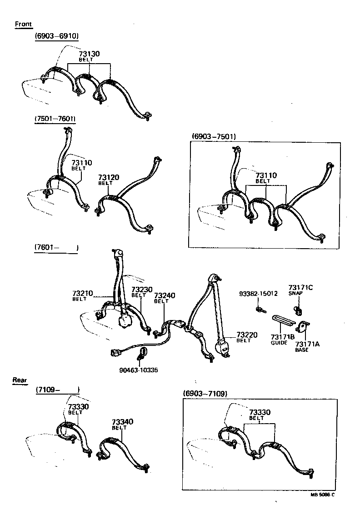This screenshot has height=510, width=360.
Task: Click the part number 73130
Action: [89, 54]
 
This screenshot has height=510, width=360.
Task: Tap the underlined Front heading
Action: [24, 24]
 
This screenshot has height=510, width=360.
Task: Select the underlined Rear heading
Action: [20, 380]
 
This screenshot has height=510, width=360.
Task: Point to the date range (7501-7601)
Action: [55, 119]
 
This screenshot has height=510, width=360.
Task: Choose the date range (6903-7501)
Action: [213, 136]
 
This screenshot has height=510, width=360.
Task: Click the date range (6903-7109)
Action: [205, 393]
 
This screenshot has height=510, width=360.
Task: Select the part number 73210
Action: [82, 293]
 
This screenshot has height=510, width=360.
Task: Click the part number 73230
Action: [141, 290]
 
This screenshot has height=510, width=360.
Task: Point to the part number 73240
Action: [164, 295]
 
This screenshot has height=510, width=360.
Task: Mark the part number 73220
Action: [246, 335]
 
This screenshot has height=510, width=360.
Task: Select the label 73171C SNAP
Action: [300, 290]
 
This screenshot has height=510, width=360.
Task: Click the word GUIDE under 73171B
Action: [279, 343]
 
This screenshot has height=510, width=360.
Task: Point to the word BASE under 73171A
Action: [302, 350]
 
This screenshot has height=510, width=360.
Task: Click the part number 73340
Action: [123, 422]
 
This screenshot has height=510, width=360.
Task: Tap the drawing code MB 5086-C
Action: [322, 495]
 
